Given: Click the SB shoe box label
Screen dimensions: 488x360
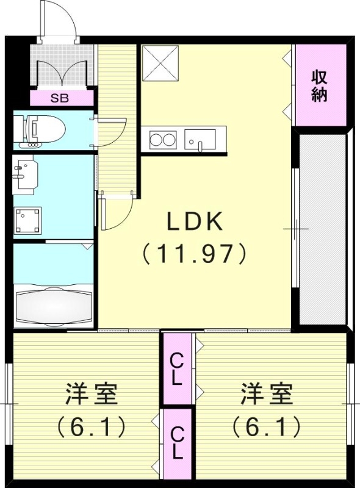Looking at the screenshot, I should pos(60,98).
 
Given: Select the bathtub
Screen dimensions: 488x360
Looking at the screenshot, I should pos(53,303).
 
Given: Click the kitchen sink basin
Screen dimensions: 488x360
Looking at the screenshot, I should pos(200,140).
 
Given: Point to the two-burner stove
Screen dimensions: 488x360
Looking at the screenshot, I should pos(162,139).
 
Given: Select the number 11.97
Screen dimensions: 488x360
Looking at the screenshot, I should pos(194,253).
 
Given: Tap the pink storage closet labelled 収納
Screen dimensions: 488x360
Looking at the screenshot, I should pos(319,86).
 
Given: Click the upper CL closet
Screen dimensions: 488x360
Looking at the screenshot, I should pos(178,368).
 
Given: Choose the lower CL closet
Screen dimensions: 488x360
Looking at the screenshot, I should pos(178,443).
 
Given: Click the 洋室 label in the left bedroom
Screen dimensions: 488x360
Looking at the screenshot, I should pos(91,395).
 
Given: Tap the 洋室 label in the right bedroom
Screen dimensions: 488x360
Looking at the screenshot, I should pos(266,395).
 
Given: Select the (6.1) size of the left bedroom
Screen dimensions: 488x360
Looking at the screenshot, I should pos(91,425).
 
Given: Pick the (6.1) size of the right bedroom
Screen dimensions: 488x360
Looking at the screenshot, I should pos(266,425).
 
